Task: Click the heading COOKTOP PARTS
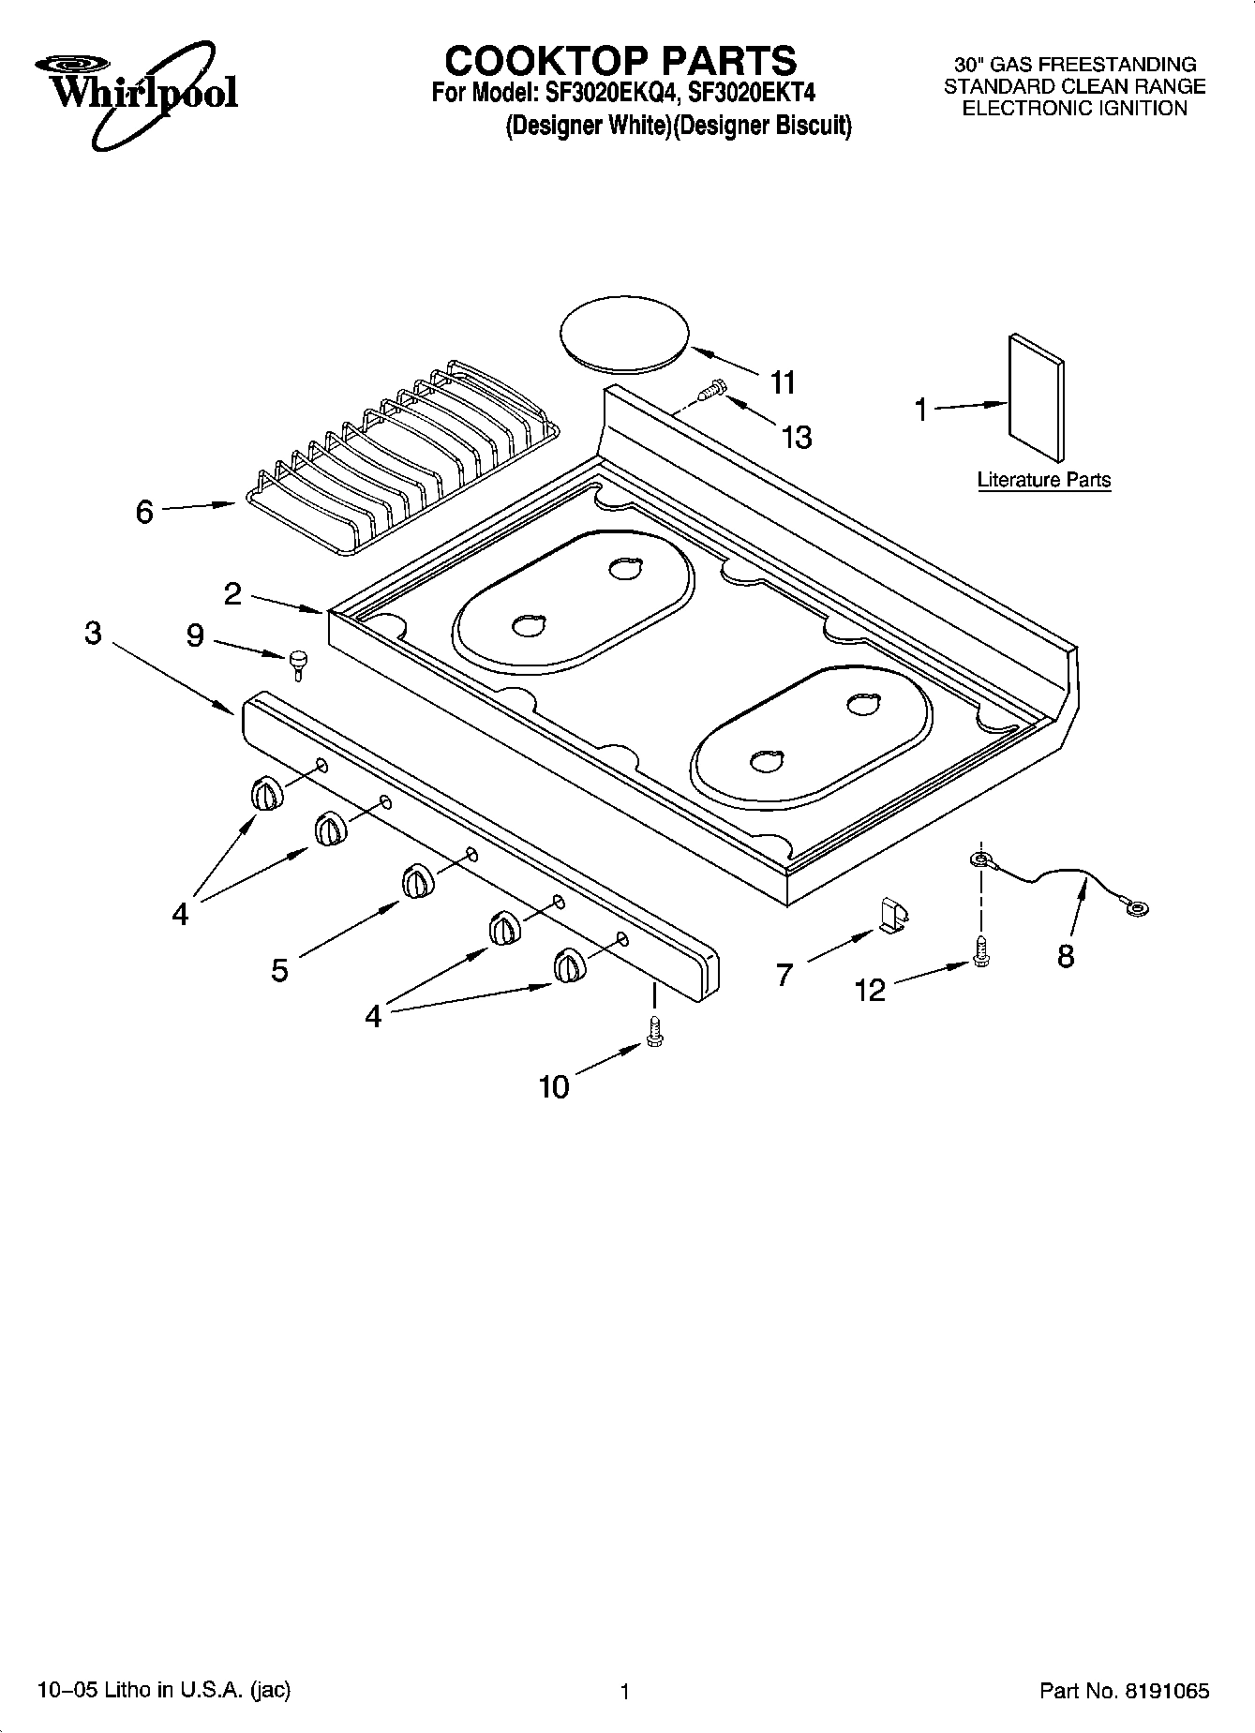pyautogui.click(x=620, y=61)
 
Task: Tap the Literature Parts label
pyautogui.click(x=1043, y=480)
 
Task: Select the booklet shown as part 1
pyautogui.click(x=1036, y=398)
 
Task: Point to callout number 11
pyautogui.click(x=782, y=382)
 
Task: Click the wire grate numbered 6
pyautogui.click(x=403, y=456)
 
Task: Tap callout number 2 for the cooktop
pyautogui.click(x=232, y=593)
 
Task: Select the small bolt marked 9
pyautogui.click(x=298, y=663)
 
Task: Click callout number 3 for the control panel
pyautogui.click(x=92, y=634)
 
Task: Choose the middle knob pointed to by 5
pyautogui.click(x=417, y=882)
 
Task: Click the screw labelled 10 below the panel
pyautogui.click(x=654, y=1032)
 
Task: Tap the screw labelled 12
pyautogui.click(x=981, y=950)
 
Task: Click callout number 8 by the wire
pyautogui.click(x=1066, y=957)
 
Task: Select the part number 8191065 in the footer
pyautogui.click(x=1166, y=1692)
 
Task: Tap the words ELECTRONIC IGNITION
pyautogui.click(x=1075, y=108)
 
